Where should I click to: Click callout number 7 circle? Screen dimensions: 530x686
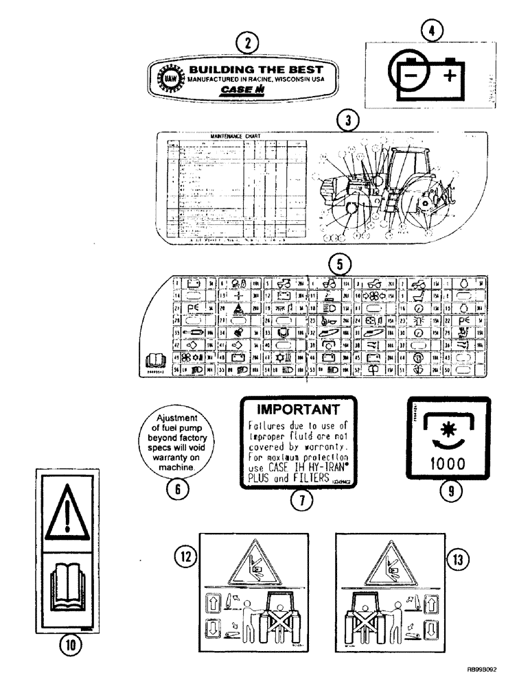(x=297, y=503)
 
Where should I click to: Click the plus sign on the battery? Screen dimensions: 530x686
(x=450, y=74)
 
